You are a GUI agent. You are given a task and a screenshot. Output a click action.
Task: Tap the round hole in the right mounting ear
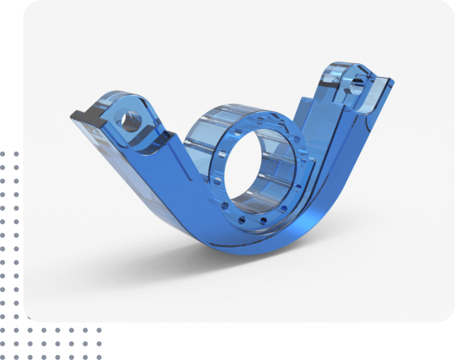[355, 87]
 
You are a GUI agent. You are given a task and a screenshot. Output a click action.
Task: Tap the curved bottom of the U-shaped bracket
[249, 247]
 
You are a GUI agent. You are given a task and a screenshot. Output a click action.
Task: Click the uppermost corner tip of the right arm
[391, 80]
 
